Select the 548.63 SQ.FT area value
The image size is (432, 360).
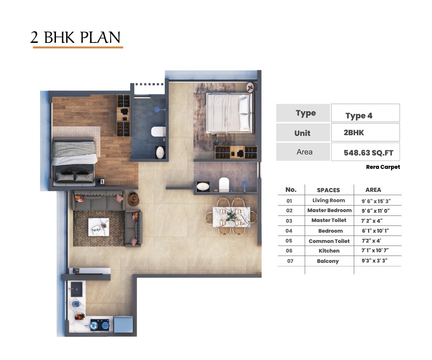tap(368, 153)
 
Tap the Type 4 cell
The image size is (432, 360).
tap(359, 116)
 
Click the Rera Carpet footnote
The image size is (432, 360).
tap(383, 167)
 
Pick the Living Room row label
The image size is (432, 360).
tap(328, 200)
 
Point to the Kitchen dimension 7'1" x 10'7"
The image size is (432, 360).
tap(375, 251)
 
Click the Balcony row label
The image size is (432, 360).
tap(328, 261)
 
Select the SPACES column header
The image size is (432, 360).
tap(328, 190)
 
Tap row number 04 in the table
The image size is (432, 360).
tap(289, 231)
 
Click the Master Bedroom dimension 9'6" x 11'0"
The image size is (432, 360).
tap(375, 211)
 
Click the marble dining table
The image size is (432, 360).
tap(231, 217)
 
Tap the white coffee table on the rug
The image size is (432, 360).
tap(99, 227)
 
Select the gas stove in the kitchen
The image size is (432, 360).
tap(100, 324)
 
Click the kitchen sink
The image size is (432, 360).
tap(76, 289)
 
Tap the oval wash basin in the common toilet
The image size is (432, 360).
tap(203, 186)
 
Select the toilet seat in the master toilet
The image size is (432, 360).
tap(159, 131)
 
